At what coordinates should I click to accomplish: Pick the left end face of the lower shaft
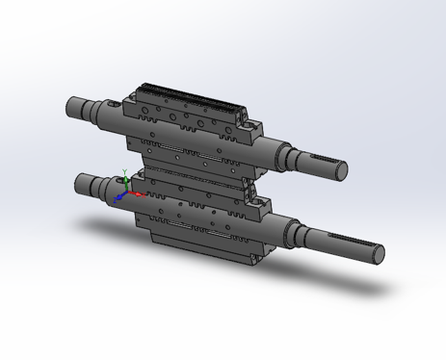[80, 183]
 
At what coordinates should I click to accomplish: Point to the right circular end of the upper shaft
[340, 169]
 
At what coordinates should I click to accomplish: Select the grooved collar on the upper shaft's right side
[286, 149]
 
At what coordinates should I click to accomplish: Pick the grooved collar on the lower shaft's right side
[293, 226]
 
